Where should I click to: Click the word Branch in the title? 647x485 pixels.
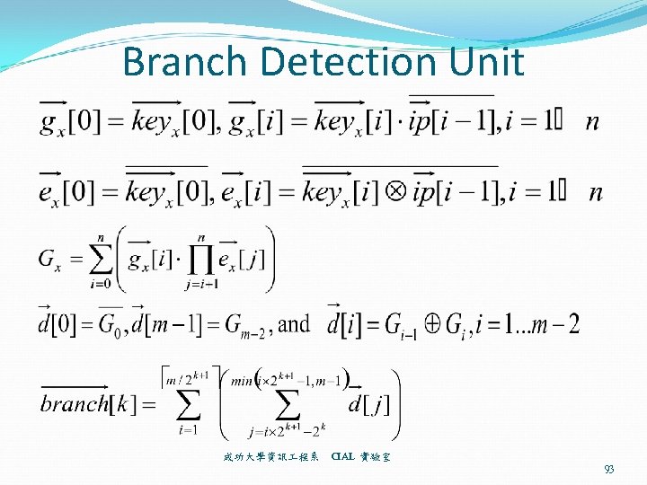pyautogui.click(x=184, y=62)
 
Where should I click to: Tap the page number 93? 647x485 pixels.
pyautogui.click(x=610, y=469)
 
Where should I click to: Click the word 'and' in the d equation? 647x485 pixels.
pyautogui.click(x=295, y=322)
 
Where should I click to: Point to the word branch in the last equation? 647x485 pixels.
pyautogui.click(x=74, y=402)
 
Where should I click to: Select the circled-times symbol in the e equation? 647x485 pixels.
pyautogui.click(x=395, y=192)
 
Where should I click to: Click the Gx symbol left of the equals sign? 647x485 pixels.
pyautogui.click(x=51, y=260)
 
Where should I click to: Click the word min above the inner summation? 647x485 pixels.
pyautogui.click(x=243, y=379)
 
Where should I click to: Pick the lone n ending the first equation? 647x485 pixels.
pyautogui.click(x=592, y=121)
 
